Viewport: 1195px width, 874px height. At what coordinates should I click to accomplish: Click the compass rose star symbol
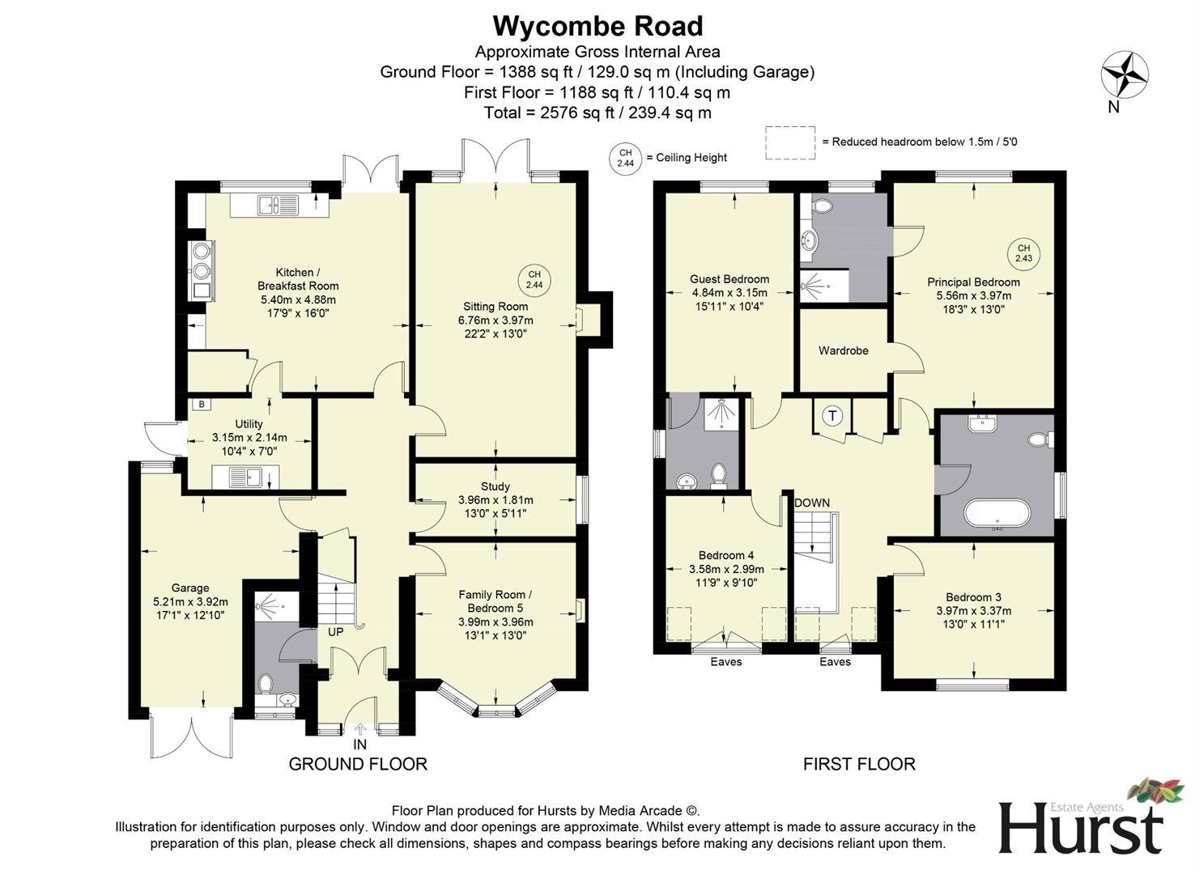(x=1125, y=75)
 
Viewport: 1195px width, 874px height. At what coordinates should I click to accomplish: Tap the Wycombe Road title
(x=597, y=26)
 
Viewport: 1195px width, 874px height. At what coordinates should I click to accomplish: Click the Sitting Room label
(x=495, y=307)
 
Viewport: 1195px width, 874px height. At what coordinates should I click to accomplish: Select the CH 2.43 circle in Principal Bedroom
(x=1023, y=253)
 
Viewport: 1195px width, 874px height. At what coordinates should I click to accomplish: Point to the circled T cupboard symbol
(x=832, y=416)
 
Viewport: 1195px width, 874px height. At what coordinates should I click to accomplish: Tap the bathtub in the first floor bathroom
(x=997, y=514)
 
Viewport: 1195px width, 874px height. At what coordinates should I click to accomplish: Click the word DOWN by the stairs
(x=811, y=503)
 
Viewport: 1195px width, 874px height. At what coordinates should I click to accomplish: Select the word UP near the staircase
(x=336, y=631)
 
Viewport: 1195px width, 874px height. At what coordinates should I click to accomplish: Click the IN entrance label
(x=359, y=745)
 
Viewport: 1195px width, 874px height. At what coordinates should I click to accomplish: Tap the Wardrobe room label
(x=843, y=350)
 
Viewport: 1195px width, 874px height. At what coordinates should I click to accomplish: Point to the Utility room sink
(x=245, y=477)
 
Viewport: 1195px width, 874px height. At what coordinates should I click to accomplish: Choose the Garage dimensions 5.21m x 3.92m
(x=190, y=602)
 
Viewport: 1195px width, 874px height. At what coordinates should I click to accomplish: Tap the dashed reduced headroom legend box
(x=790, y=142)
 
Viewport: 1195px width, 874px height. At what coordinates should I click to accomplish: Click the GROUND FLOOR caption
(x=358, y=764)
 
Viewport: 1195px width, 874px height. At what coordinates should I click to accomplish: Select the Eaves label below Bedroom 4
(x=725, y=662)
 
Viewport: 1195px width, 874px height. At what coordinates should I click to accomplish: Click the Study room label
(x=495, y=486)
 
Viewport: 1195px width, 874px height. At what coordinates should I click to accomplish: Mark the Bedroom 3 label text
(x=973, y=597)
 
